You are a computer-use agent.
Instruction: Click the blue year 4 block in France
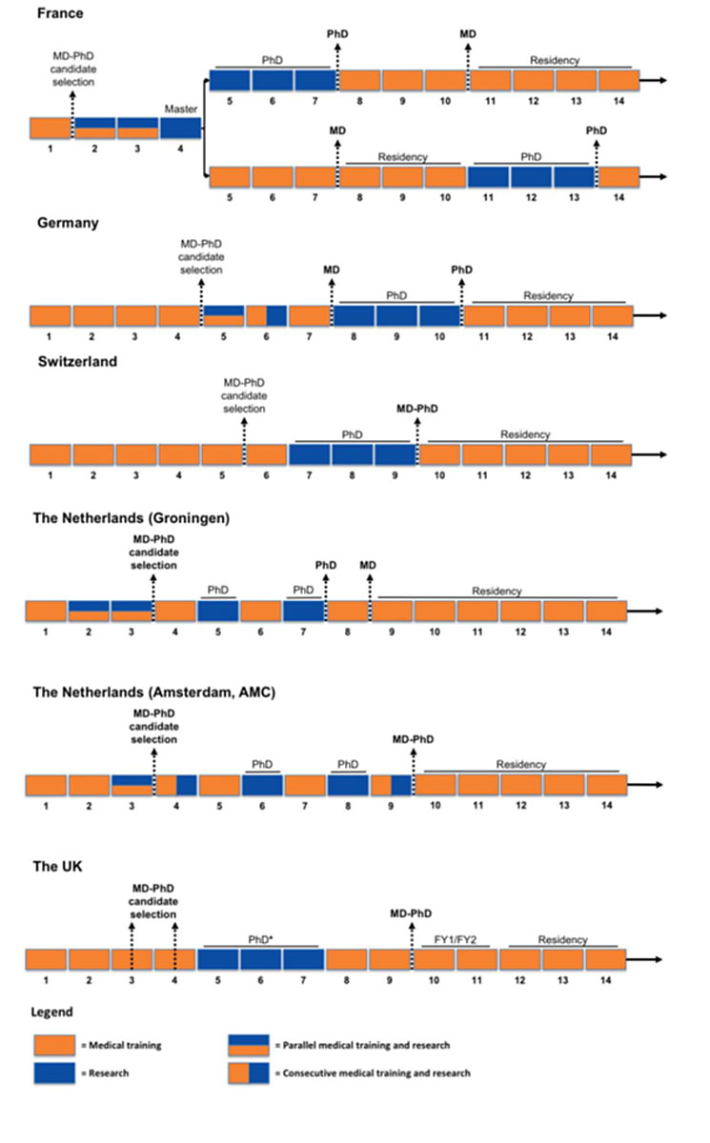coord(180,129)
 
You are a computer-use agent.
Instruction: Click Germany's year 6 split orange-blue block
coord(267,316)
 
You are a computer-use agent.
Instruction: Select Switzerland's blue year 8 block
coord(353,454)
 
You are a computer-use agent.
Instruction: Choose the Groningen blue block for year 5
coord(217,612)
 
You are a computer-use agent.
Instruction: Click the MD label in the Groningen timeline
coord(368,566)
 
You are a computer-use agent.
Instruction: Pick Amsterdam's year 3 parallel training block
coord(132,785)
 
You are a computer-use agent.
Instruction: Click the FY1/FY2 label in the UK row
coord(455,940)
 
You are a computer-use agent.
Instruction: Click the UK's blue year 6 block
coord(260,959)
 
